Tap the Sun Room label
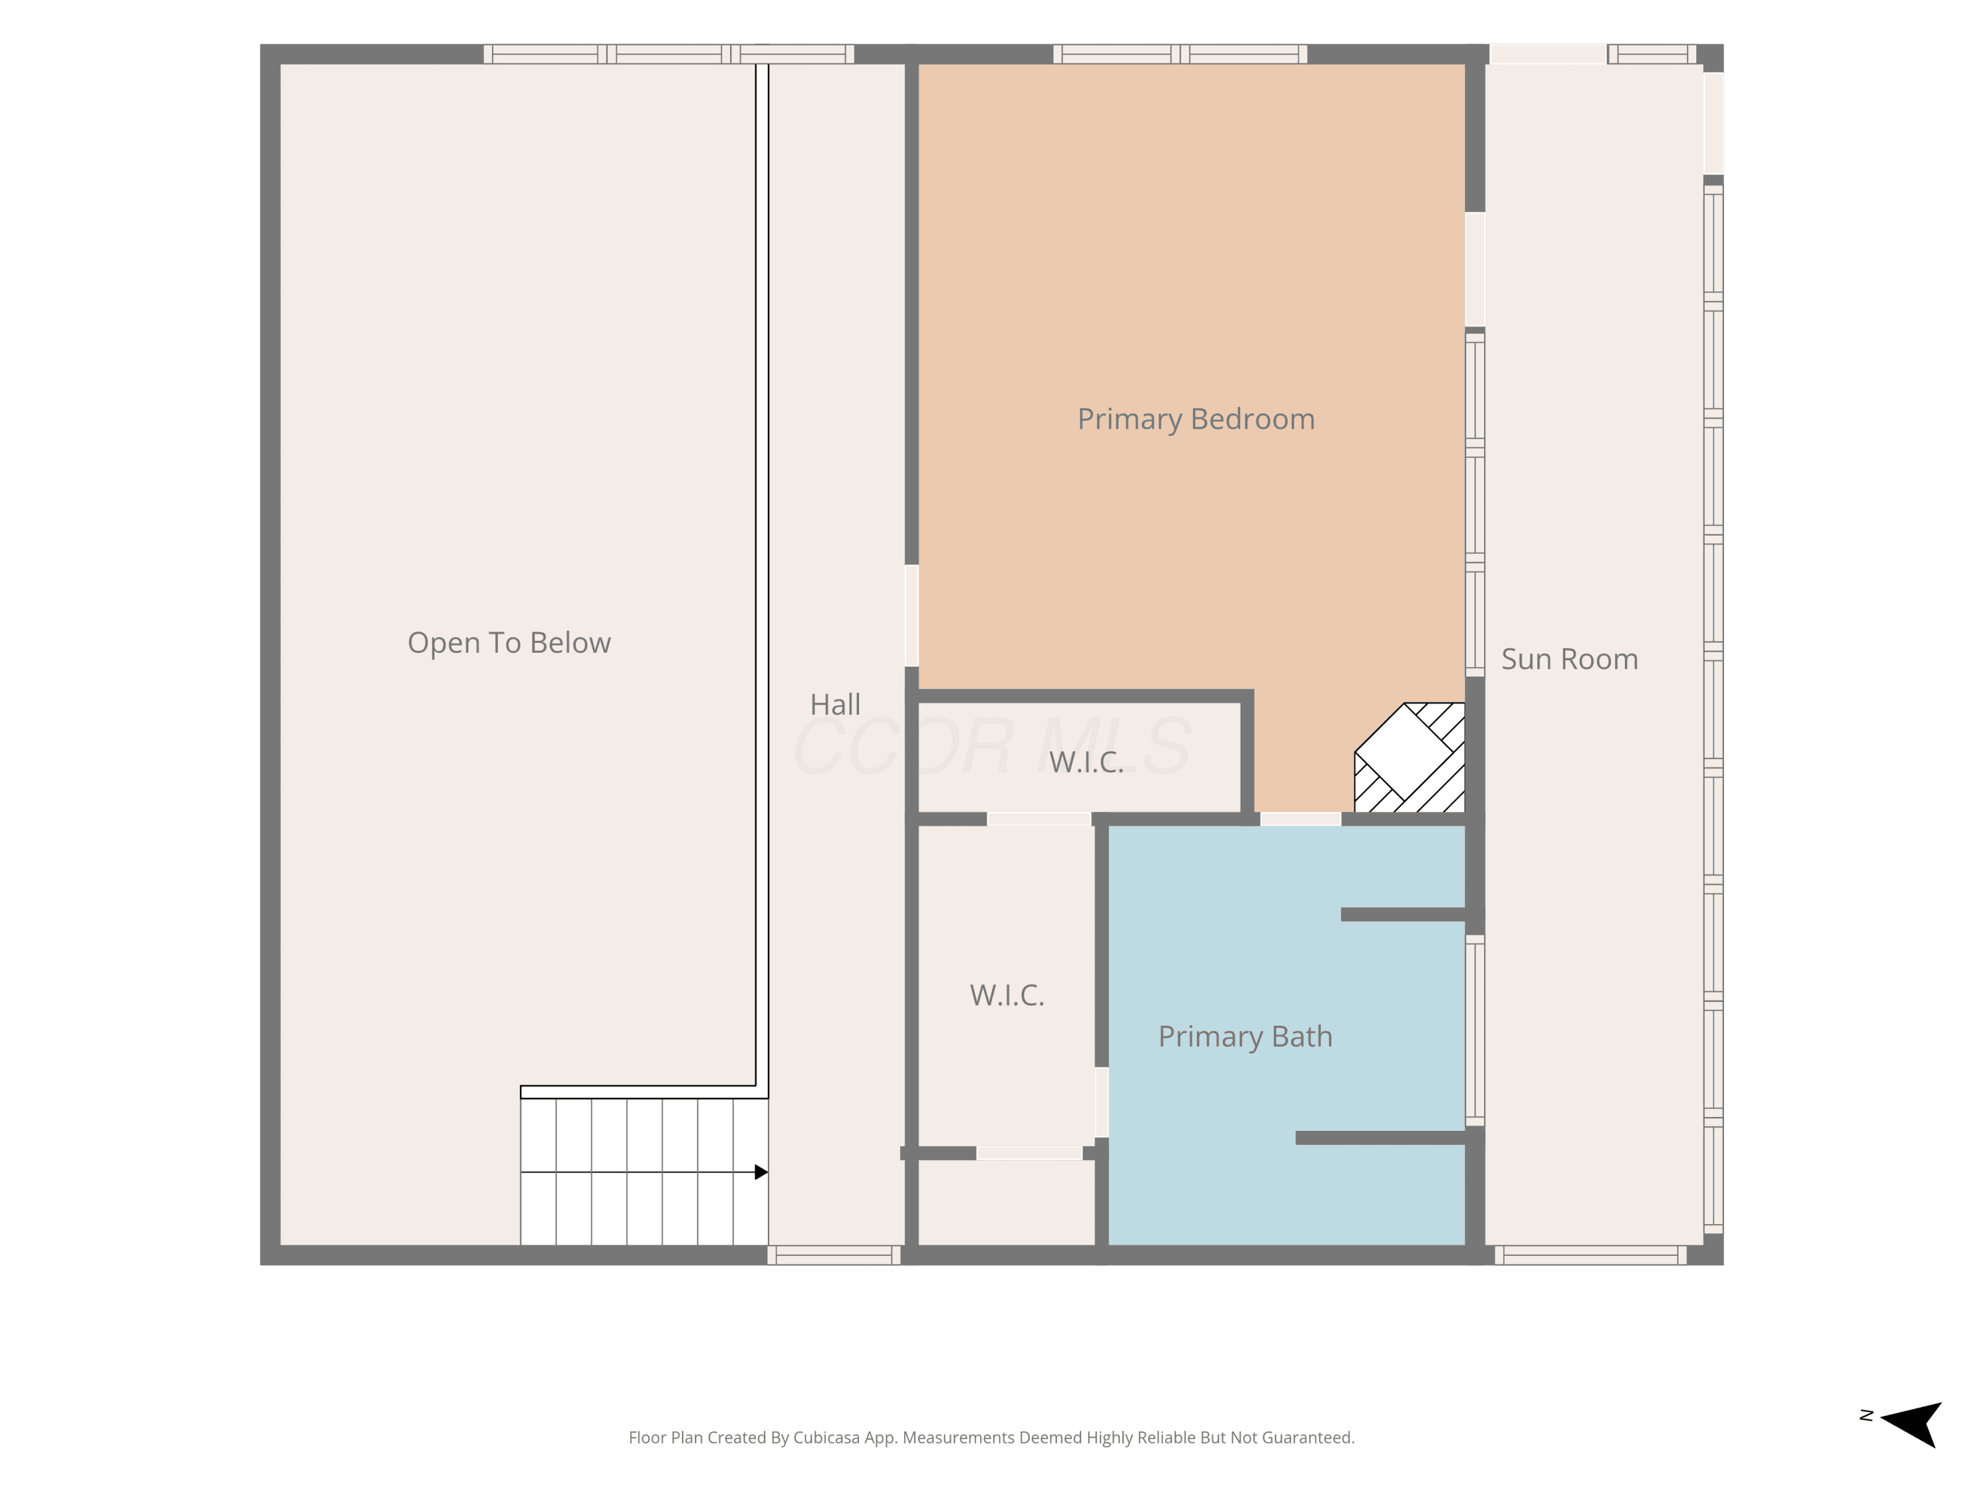point(1569,659)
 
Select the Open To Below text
point(509,643)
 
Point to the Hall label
point(835,704)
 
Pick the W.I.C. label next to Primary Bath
point(1007,995)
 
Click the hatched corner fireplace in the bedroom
point(1410,758)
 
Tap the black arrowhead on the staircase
point(761,1173)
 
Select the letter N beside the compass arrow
point(1866,1415)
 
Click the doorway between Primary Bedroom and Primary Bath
point(1301,819)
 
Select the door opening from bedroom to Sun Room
point(1475,270)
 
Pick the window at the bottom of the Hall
point(834,1255)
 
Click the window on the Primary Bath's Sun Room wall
point(1475,1030)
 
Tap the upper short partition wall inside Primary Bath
point(1404,915)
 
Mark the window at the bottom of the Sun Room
point(1591,1255)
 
